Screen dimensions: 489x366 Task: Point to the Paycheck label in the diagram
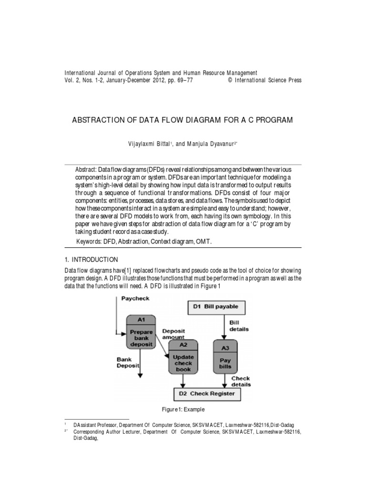click(136, 298)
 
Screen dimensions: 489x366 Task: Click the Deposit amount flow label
click(173, 333)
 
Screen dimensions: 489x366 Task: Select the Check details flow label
click(241, 381)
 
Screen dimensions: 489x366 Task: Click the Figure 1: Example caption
click(183, 410)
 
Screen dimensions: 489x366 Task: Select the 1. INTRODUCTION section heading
click(91, 260)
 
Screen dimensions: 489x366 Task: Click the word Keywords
click(89, 242)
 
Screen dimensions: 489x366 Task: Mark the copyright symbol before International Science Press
click(231, 81)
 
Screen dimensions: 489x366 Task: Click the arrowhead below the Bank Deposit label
click(141, 376)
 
